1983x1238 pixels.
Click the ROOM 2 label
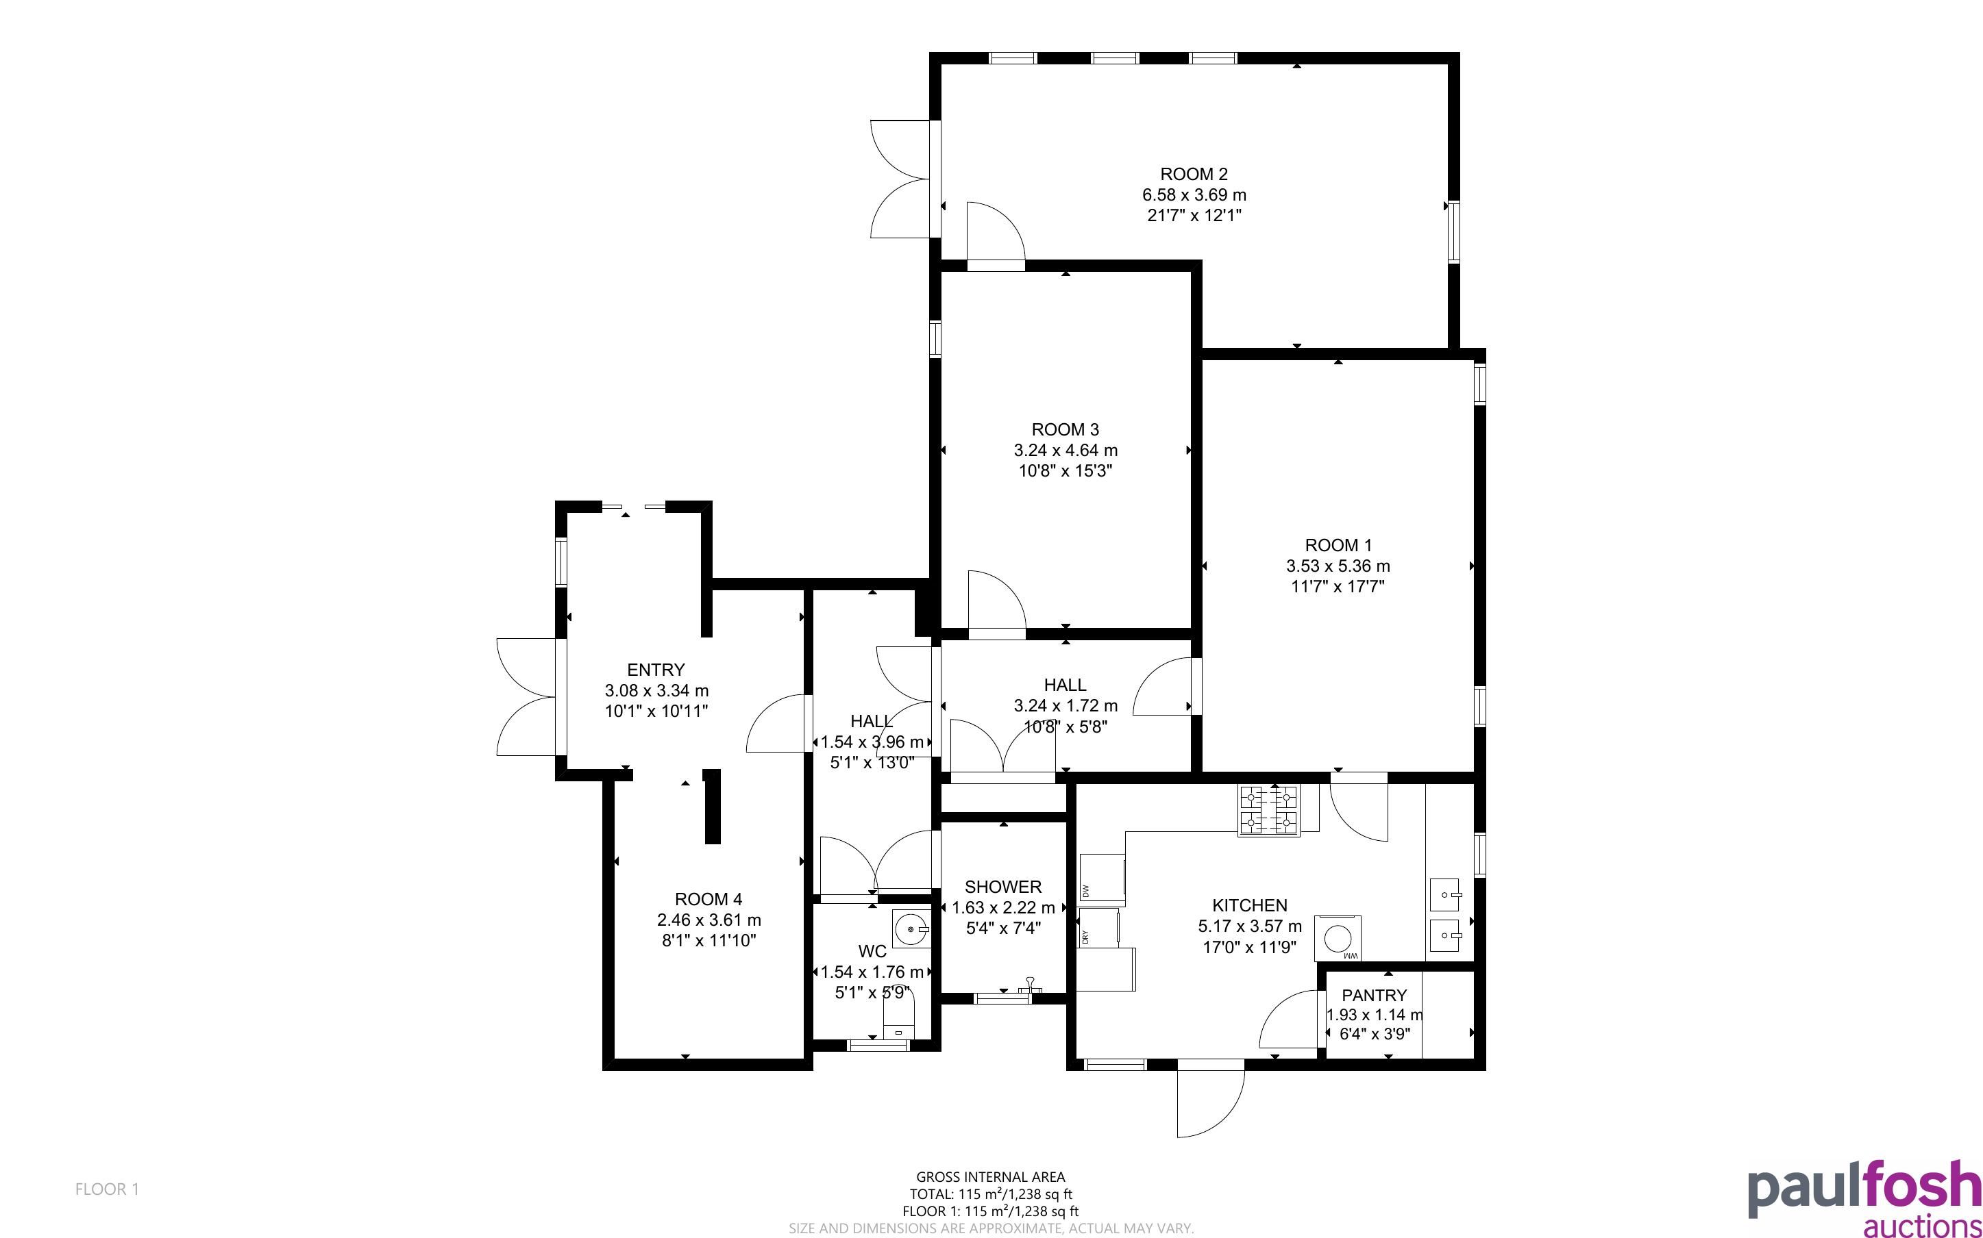coord(1194,175)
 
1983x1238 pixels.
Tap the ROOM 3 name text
coord(1065,430)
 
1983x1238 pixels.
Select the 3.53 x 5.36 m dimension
coord(1338,566)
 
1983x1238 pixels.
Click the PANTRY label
coord(1374,995)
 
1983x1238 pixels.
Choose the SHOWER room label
coord(1002,887)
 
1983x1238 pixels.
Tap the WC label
coord(872,951)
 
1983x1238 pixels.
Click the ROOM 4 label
coord(709,899)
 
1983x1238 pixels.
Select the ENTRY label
coord(655,670)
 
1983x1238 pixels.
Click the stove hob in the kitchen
coord(1269,810)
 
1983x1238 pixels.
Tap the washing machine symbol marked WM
coord(1337,938)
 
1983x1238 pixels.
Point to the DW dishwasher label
coord(1086,891)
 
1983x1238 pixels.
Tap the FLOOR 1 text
coord(108,1189)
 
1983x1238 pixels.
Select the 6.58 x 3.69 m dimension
coord(1194,195)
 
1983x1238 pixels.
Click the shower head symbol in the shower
coord(1030,985)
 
